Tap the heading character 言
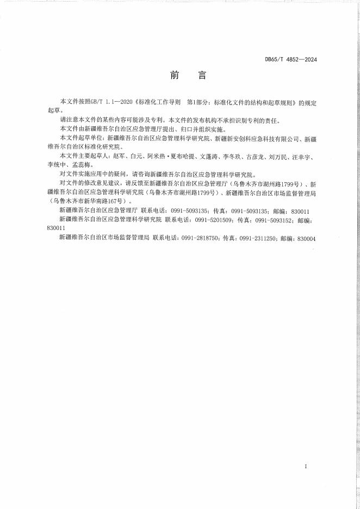202,76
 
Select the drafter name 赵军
117,157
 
